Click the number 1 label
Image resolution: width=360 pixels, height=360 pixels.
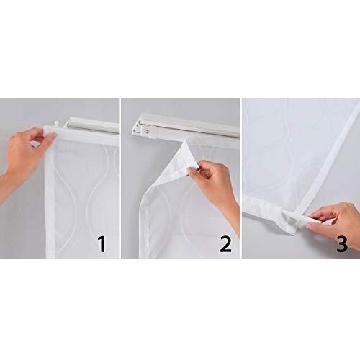tap(102, 243)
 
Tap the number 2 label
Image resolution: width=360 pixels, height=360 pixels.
tap(225, 243)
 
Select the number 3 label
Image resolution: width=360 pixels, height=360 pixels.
tap(342, 243)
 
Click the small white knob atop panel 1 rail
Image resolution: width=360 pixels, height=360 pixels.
tap(57, 123)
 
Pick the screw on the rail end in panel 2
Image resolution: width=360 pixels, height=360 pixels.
tap(148, 131)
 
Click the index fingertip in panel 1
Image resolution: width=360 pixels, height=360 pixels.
tap(54, 136)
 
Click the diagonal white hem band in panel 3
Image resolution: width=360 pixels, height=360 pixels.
tap(325, 157)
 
